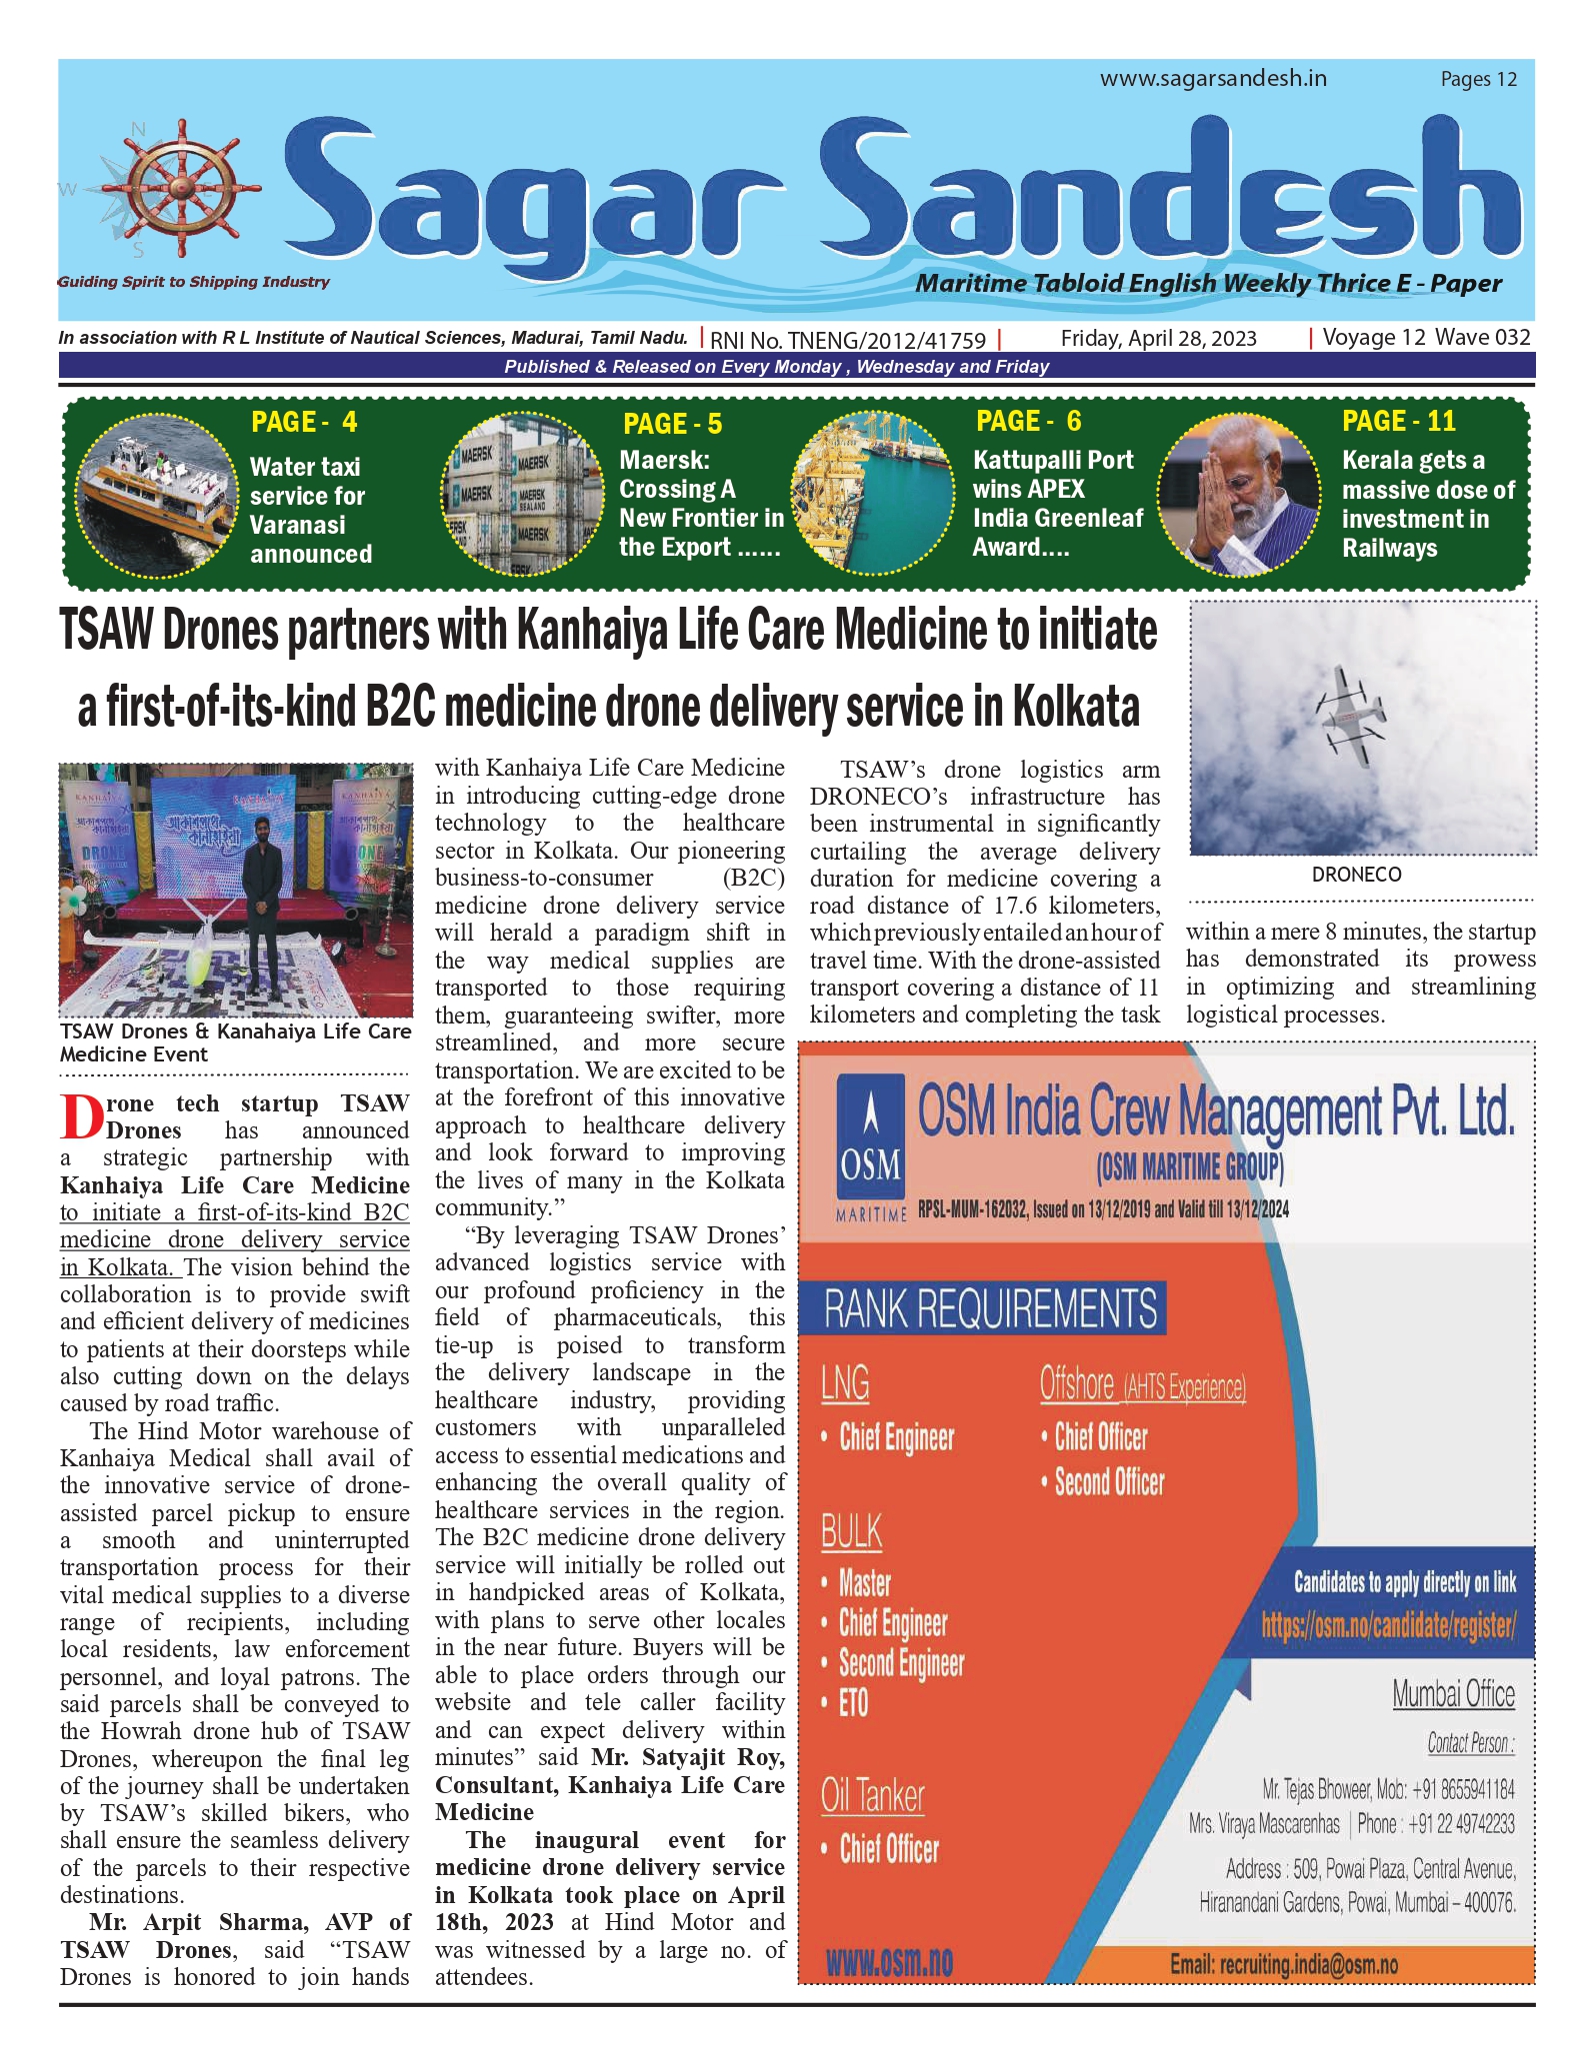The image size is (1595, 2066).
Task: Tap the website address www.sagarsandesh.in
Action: pyautogui.click(x=1213, y=78)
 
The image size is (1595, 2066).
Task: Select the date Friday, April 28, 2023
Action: pyautogui.click(x=1158, y=338)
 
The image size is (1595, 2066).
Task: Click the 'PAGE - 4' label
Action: pyautogui.click(x=304, y=422)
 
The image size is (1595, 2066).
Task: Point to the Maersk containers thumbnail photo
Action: pyautogui.click(x=510, y=495)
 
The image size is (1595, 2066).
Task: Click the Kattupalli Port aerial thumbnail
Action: pyautogui.click(x=872, y=494)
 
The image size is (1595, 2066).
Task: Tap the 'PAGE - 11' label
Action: pyautogui.click(x=1398, y=421)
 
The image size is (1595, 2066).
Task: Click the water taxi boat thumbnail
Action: pyautogui.click(x=155, y=493)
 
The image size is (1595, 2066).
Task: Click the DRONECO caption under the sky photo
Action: pyautogui.click(x=1356, y=875)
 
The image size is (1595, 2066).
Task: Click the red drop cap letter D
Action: pyautogui.click(x=80, y=1116)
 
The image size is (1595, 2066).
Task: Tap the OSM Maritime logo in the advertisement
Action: pyautogui.click(x=870, y=1145)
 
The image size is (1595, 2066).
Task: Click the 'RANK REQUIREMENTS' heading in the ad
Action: pyautogui.click(x=990, y=1308)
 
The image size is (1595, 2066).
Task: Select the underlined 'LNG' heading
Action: pyautogui.click(x=845, y=1383)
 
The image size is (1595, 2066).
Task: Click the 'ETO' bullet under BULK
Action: pyautogui.click(x=853, y=1702)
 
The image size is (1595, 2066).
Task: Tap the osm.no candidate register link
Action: pyautogui.click(x=1388, y=1625)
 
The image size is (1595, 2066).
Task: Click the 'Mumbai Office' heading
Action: pyautogui.click(x=1453, y=1694)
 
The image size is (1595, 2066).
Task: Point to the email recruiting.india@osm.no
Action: pyautogui.click(x=1283, y=1964)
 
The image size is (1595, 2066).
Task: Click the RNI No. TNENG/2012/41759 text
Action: pyautogui.click(x=848, y=340)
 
